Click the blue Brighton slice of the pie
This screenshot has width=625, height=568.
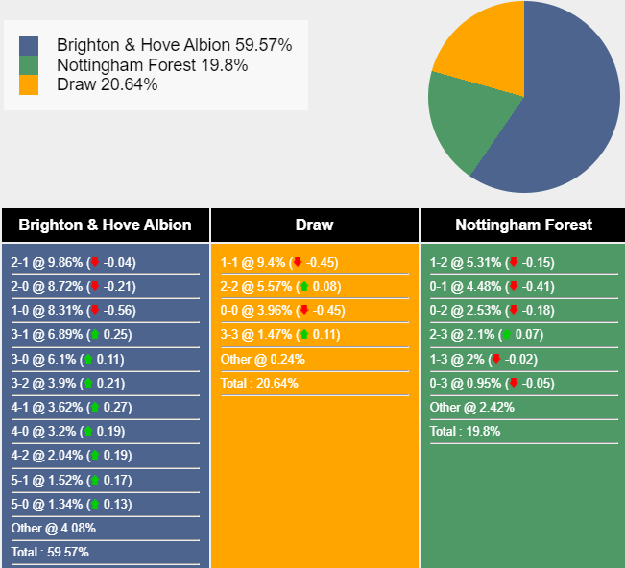[x=566, y=115]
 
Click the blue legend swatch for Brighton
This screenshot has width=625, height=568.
[x=29, y=46]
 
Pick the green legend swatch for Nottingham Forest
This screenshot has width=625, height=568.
[x=29, y=65]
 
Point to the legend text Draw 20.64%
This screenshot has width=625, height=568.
[x=107, y=84]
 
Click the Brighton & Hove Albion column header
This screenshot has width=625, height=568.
[x=105, y=225]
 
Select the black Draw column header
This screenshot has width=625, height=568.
[x=314, y=225]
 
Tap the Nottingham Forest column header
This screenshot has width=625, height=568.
[x=523, y=225]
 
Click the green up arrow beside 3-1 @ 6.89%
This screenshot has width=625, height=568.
[x=94, y=335]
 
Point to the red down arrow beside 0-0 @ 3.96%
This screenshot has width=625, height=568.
[x=303, y=311]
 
